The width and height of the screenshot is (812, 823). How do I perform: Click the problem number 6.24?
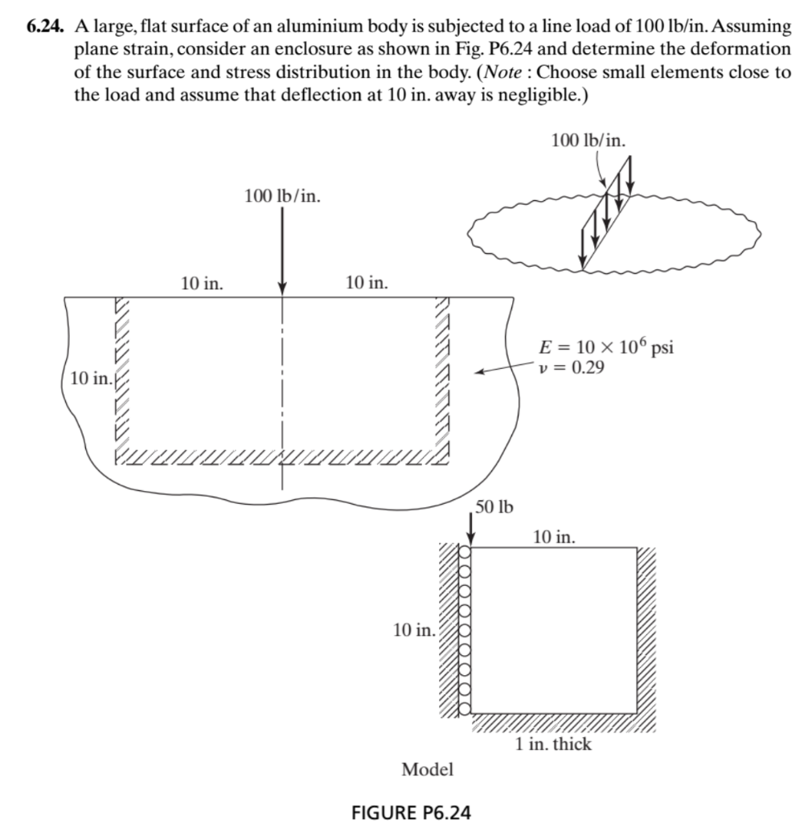click(x=46, y=27)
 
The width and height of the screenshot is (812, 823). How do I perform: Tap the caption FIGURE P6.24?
click(x=412, y=811)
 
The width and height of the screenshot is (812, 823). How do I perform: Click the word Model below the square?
click(x=427, y=769)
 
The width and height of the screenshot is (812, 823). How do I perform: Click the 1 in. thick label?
click(x=553, y=744)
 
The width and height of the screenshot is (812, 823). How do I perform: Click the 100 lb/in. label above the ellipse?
click(x=588, y=140)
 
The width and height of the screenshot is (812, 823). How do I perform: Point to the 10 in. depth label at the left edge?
click(x=90, y=378)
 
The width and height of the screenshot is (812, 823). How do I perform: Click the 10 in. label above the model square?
click(x=554, y=536)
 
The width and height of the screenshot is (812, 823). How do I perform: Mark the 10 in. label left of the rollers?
click(x=414, y=629)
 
